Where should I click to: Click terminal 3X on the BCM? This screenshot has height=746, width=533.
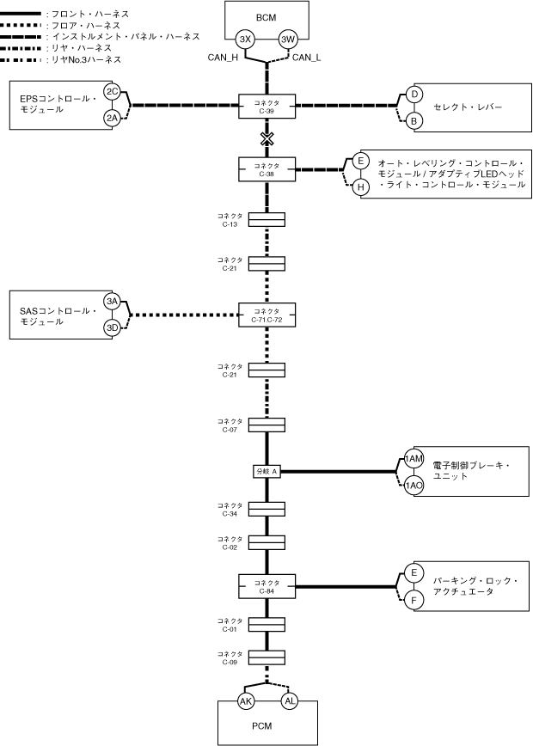click(245, 40)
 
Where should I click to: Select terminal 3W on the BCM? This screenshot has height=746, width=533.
click(289, 40)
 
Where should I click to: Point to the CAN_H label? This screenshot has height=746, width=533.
click(223, 58)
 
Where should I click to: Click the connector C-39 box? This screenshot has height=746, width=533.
click(266, 107)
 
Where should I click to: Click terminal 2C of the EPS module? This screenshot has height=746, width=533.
click(112, 91)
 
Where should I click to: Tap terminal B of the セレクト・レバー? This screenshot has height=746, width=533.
click(414, 121)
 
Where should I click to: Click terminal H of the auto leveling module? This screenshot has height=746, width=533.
click(361, 186)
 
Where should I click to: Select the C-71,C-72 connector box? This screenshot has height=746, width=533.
click(266, 315)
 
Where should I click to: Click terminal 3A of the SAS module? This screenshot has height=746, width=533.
click(112, 301)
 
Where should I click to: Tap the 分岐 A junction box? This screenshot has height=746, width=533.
click(266, 471)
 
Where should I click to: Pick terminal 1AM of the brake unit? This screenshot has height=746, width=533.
click(414, 459)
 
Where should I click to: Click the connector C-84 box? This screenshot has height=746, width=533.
click(266, 586)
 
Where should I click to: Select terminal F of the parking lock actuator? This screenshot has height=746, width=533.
click(414, 600)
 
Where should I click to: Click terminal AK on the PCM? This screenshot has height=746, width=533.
click(245, 700)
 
